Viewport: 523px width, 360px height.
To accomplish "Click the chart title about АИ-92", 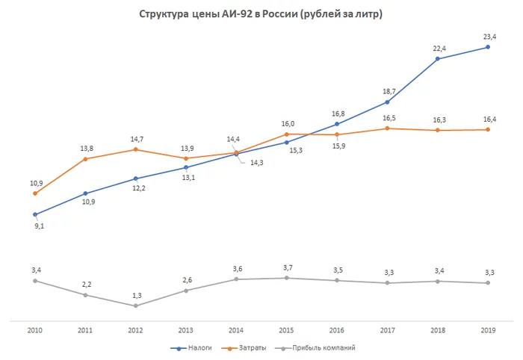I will click(261, 15).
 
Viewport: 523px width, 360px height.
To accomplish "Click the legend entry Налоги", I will click(194, 348).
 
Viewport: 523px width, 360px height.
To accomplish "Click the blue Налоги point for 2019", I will click(487, 47).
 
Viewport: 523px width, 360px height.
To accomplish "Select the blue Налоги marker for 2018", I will click(437, 58).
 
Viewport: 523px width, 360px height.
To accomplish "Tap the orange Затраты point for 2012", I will click(135, 149).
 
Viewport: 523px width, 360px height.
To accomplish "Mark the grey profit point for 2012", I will click(135, 305).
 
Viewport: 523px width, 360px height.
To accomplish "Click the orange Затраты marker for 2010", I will click(34, 193).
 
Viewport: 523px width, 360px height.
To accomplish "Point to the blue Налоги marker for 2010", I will click(34, 214).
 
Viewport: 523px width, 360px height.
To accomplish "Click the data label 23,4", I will click(487, 34).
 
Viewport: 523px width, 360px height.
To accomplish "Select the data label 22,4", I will click(437, 46).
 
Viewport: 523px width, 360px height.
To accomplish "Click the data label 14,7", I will click(135, 138).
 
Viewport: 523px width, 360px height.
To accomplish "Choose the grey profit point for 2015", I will click(286, 278).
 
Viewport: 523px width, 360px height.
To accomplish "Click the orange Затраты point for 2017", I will click(387, 128).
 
